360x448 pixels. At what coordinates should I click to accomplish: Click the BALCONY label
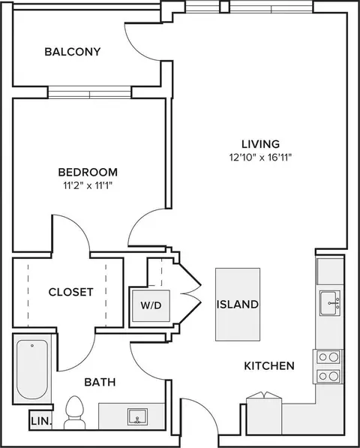[x=73, y=52]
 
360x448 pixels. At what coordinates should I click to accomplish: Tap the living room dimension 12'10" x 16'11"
[x=260, y=158]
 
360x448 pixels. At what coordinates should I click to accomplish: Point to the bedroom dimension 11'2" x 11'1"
[x=87, y=186]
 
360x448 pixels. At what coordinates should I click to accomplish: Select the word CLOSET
[x=70, y=292]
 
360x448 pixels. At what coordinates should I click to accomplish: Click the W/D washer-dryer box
[x=151, y=305]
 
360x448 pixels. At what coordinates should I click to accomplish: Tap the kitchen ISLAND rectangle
[x=238, y=304]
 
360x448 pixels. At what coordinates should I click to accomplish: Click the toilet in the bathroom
[x=74, y=413]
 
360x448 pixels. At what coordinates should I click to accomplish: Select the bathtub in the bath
[x=32, y=369]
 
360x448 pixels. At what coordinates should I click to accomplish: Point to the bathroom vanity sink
[x=137, y=416]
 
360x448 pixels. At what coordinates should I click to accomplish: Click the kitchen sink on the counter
[x=330, y=303]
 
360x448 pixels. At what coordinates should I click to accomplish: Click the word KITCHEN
[x=269, y=366]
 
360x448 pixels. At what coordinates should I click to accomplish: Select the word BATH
[x=100, y=382]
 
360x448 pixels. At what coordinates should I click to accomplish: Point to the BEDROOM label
[x=88, y=173]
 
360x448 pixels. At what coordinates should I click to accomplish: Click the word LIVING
[x=261, y=144]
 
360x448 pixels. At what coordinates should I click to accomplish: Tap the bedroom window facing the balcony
[x=90, y=92]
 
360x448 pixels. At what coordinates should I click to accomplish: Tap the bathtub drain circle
[x=32, y=346]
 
